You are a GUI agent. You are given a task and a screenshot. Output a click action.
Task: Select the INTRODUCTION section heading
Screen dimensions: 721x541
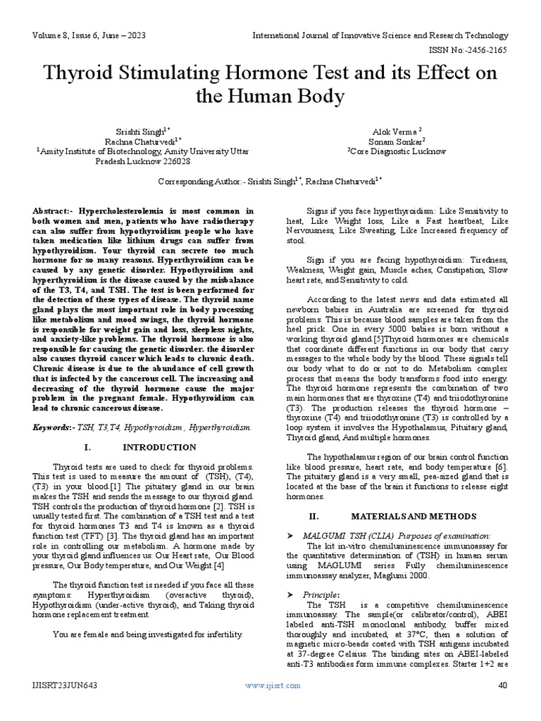point(159,447)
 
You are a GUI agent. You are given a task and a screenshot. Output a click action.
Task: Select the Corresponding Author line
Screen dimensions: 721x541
point(269,181)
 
